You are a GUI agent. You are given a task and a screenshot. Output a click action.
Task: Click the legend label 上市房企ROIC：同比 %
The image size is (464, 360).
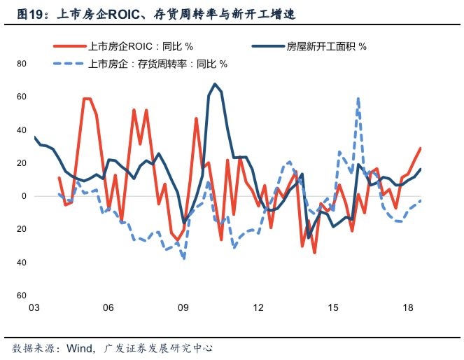(140, 47)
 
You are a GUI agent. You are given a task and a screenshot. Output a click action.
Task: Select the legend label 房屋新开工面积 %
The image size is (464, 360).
(327, 47)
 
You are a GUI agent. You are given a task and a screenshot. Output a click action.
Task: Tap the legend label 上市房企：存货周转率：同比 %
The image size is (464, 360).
(157, 64)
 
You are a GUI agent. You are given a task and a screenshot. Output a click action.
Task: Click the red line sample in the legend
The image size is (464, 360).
(70, 47)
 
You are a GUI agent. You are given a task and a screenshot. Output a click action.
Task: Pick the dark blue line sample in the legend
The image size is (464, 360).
(267, 47)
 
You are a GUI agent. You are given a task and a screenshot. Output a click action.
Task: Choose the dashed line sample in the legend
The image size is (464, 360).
(70, 64)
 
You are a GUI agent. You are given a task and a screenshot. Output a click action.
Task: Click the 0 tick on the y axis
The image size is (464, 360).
(23, 196)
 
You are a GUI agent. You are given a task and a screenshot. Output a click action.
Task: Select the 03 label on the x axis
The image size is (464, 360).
(34, 308)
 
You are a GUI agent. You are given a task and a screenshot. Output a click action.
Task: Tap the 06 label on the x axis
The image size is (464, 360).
(108, 308)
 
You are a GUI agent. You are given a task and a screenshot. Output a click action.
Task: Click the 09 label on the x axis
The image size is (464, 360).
(183, 308)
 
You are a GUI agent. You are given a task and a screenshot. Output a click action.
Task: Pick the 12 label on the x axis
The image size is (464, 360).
(258, 308)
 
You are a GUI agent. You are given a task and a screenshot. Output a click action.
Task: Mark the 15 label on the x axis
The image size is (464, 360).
(334, 308)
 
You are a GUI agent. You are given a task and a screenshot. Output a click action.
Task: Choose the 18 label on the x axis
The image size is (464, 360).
(409, 308)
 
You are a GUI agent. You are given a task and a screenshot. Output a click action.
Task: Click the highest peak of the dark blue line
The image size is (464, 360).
(215, 84)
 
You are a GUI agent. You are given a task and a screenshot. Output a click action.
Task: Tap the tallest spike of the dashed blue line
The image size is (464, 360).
(358, 99)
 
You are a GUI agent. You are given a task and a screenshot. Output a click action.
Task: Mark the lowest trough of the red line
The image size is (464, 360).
(315, 252)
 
